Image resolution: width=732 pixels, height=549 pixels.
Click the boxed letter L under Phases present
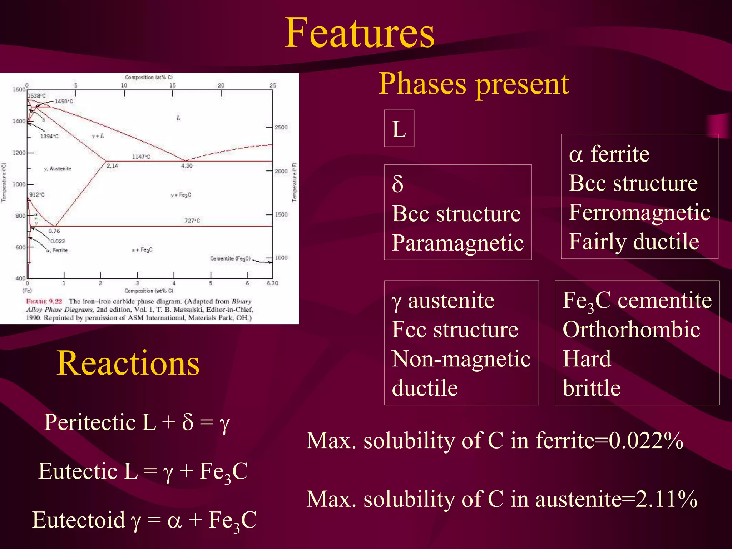399,129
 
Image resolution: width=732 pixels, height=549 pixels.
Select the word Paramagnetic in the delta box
457,243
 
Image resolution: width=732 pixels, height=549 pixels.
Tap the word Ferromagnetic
639,212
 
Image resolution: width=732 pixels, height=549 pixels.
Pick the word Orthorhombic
631,329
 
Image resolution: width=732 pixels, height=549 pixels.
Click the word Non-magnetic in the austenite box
461,359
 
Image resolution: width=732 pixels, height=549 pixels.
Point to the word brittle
592,388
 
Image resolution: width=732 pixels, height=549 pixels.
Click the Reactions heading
128,363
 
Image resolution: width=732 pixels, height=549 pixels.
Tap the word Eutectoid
79,520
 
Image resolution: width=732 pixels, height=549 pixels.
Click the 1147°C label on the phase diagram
141,157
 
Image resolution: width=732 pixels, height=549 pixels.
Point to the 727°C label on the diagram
192,221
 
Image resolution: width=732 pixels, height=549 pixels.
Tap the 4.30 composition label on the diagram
187,166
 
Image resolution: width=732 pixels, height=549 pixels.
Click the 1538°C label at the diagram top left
37,96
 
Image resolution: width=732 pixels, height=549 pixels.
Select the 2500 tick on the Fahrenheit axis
281,127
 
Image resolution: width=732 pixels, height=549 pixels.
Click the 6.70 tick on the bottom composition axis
272,283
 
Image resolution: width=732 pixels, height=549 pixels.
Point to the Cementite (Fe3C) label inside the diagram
230,258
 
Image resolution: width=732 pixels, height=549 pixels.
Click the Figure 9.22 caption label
44,301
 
